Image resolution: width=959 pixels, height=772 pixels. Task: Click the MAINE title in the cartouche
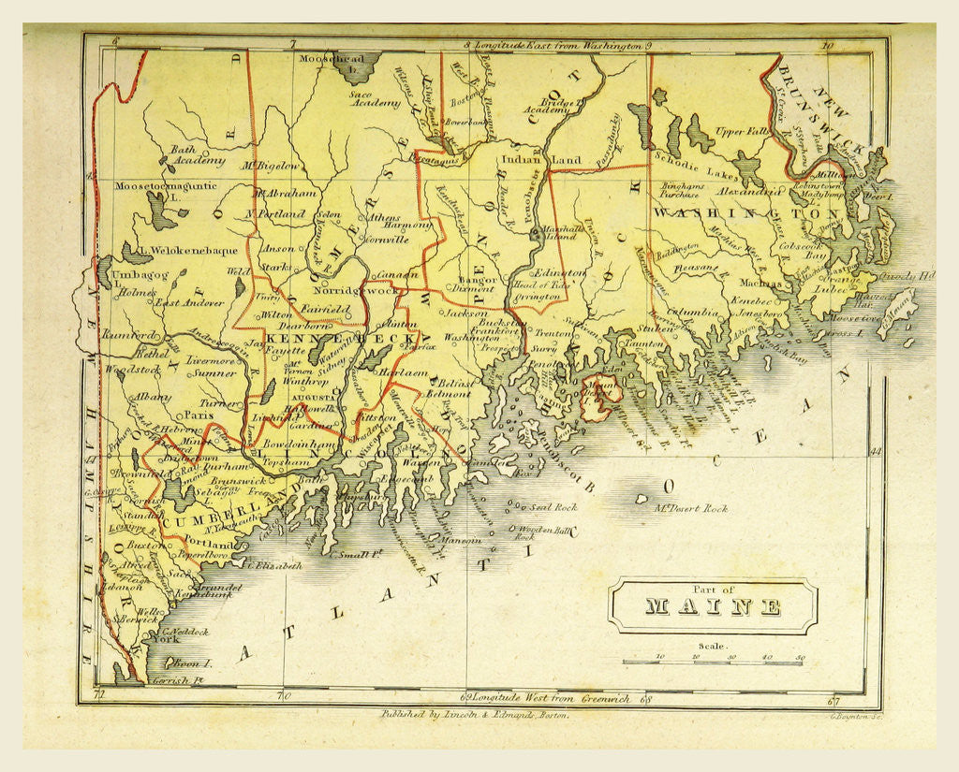pos(713,605)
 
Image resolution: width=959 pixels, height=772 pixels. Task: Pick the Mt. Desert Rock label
pos(690,508)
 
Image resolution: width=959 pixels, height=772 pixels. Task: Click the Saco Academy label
pos(375,99)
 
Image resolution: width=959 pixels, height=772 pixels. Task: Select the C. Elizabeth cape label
pos(274,565)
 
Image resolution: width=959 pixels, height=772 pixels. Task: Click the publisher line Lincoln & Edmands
pos(473,713)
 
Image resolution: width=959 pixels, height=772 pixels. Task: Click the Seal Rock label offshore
pos(551,506)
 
